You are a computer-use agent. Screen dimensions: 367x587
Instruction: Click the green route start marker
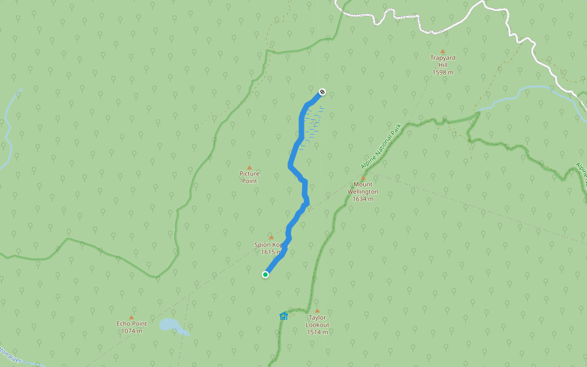pos(265,275)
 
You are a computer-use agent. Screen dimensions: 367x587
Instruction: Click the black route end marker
pos(322,92)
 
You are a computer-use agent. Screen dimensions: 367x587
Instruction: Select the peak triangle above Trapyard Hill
pos(443,51)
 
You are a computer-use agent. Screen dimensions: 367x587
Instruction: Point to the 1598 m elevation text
pos(443,72)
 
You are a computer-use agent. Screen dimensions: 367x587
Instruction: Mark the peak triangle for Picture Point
pos(249,167)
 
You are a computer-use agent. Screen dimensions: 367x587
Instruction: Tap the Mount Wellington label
pos(363,188)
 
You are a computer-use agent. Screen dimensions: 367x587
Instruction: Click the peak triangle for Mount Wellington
pos(363,177)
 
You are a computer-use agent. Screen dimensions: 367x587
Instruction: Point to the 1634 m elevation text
pos(363,199)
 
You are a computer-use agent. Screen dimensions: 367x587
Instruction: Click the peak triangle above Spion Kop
pos(271,237)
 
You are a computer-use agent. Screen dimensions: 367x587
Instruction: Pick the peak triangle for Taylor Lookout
pos(317,311)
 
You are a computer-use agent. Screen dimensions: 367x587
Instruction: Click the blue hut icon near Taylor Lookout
pos(284,316)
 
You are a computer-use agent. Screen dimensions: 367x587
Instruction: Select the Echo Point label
pos(131,324)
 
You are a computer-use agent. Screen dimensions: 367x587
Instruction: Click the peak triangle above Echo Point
pos(131,317)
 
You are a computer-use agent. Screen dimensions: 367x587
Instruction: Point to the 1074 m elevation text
pos(131,331)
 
